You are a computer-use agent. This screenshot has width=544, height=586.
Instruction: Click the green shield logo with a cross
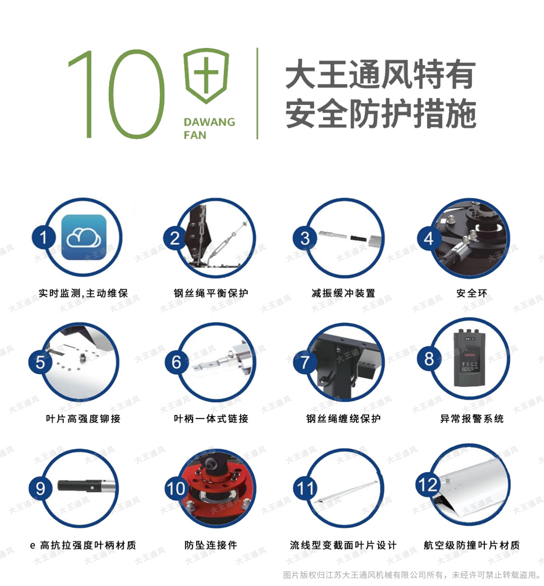[x=206, y=76]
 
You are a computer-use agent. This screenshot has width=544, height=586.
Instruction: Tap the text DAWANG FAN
[x=209, y=128]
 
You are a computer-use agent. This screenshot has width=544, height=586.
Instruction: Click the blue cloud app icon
[x=84, y=237]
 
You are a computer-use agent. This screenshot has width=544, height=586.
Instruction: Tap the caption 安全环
[x=471, y=293]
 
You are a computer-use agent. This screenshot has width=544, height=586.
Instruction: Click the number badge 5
[x=41, y=362]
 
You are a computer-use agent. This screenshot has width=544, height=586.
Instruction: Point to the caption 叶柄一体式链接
[x=211, y=418]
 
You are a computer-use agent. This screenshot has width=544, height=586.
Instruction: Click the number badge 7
[x=305, y=362]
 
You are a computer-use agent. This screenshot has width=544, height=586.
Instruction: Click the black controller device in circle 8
[x=472, y=357]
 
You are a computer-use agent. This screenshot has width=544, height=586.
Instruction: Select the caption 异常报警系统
[x=471, y=418]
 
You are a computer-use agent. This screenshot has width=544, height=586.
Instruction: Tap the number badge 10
[x=175, y=488]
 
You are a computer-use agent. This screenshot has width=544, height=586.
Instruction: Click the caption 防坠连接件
[x=211, y=545]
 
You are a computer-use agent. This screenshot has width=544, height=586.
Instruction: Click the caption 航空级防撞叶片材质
[x=471, y=545]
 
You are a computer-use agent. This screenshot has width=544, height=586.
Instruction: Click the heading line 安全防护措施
[x=381, y=114]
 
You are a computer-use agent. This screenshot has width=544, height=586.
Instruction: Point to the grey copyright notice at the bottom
[x=412, y=575]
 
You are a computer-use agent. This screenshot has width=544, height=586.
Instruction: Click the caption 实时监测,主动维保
[x=83, y=293]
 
